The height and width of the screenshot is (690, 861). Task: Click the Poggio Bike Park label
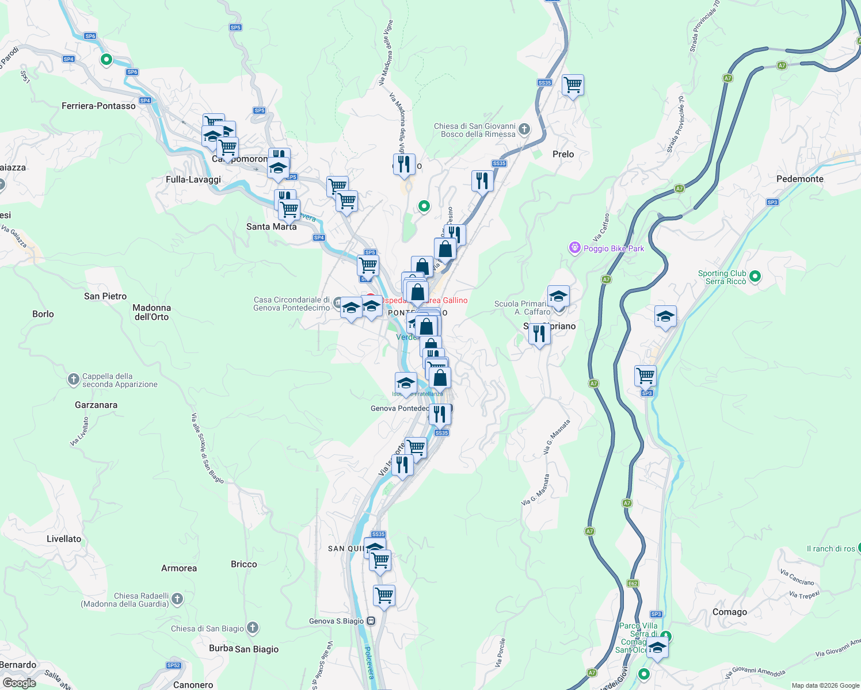tap(614, 248)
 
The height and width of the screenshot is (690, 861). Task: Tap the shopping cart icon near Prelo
tap(573, 86)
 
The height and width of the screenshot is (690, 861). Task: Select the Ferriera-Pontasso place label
tap(98, 106)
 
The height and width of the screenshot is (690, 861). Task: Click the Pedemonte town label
tap(799, 179)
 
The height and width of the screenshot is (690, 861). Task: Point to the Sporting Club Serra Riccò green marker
tap(755, 277)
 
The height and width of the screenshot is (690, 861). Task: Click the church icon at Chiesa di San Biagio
tap(252, 628)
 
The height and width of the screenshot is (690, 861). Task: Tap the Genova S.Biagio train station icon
tap(371, 621)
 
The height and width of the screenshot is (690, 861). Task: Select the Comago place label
tap(729, 612)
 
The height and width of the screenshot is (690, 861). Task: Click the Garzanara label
tap(96, 405)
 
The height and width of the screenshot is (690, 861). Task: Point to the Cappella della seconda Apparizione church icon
tap(73, 379)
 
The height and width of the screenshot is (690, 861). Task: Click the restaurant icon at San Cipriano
tap(539, 333)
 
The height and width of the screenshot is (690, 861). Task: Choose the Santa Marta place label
tap(271, 227)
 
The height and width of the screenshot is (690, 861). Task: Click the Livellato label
tap(64, 539)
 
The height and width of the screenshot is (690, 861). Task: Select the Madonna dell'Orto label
tap(151, 312)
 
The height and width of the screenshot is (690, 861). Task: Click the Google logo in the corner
tap(19, 683)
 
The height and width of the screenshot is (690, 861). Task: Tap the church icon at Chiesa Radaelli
tap(177, 599)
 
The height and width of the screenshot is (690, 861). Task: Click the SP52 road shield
tap(173, 665)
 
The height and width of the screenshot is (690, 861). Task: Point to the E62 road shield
tap(633, 584)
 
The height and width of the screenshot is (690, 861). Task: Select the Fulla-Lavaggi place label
tap(193, 179)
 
